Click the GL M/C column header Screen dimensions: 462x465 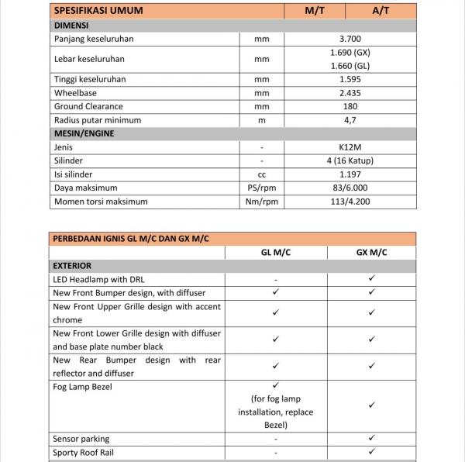[x=276, y=253]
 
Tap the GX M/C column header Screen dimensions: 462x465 [x=372, y=253]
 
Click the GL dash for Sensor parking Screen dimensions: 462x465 [x=276, y=439]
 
